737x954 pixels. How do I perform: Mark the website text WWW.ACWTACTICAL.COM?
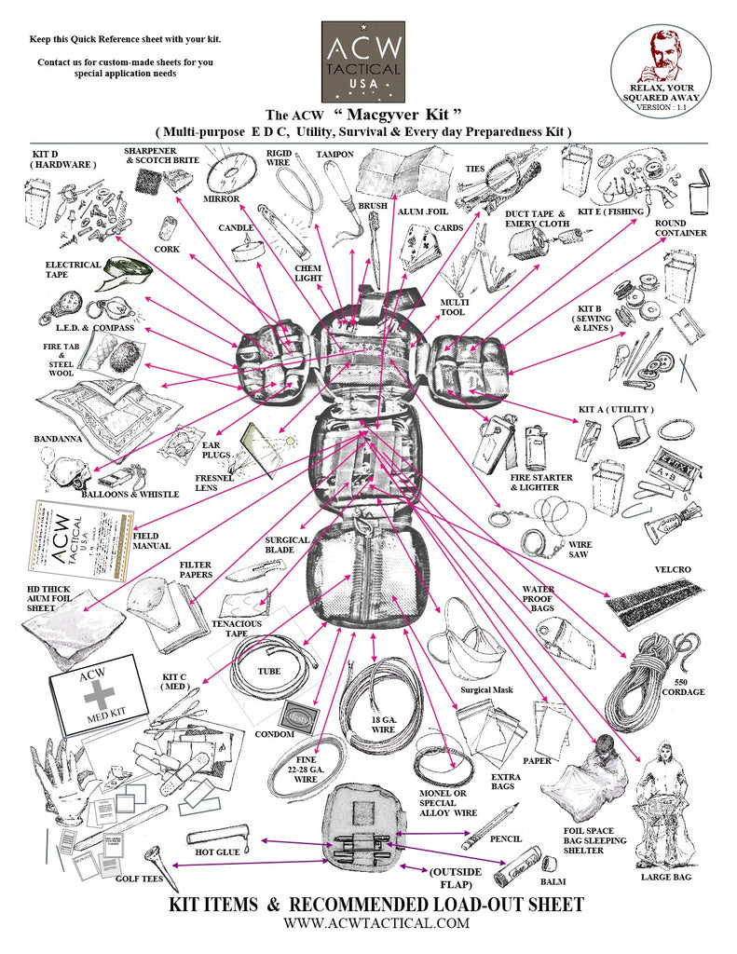point(377,923)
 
